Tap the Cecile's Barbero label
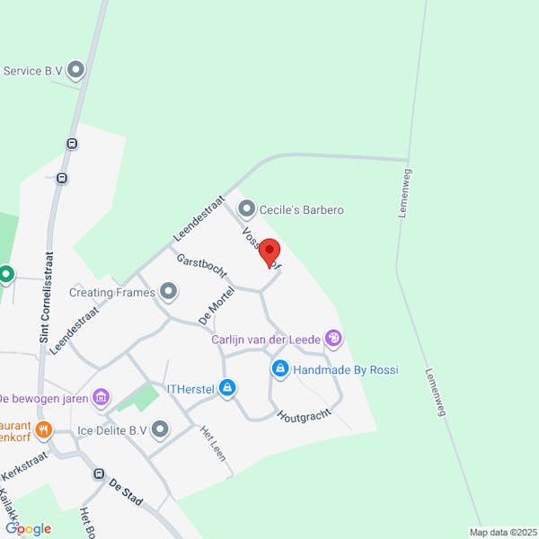pyautogui.click(x=302, y=209)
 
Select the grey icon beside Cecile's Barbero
pyautogui.click(x=246, y=209)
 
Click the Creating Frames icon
pyautogui.click(x=168, y=292)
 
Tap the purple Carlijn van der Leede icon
pyautogui.click(x=333, y=339)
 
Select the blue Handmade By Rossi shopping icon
pyautogui.click(x=280, y=369)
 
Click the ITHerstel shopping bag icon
pyautogui.click(x=227, y=388)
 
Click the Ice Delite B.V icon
pyautogui.click(x=160, y=430)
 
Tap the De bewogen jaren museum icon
pyautogui.click(x=101, y=397)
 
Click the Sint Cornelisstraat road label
pyautogui.click(x=44, y=297)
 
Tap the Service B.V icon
pyautogui.click(x=76, y=69)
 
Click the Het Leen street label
pyautogui.click(x=213, y=443)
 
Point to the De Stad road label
pyautogui.click(x=127, y=490)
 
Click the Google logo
pyautogui.click(x=28, y=528)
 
